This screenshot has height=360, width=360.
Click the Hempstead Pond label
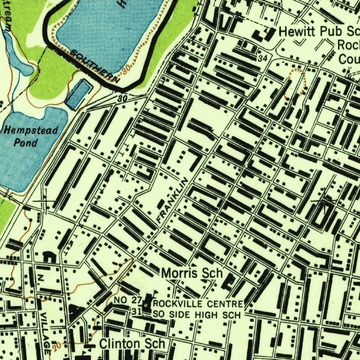point(31,137)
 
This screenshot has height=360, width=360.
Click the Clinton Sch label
point(132,344)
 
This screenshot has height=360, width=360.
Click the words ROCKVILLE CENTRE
point(198,304)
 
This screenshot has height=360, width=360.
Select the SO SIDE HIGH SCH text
point(197,315)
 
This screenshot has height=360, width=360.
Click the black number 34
point(262,59)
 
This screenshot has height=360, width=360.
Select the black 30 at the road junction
point(122,99)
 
